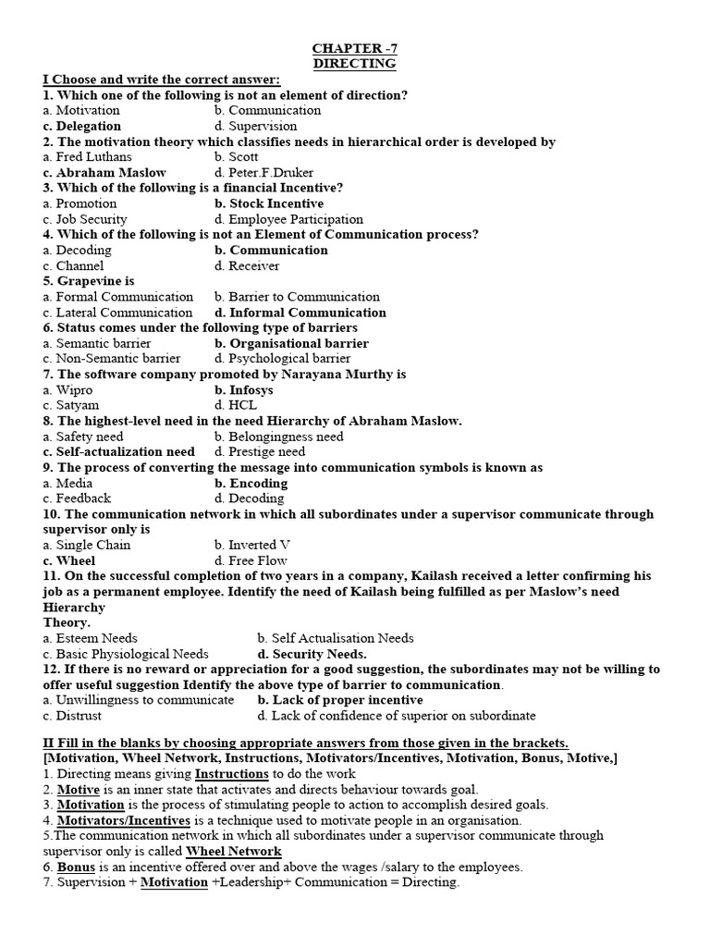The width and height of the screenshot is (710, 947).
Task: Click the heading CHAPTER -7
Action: coord(354,47)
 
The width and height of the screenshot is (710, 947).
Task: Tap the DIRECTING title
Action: coord(354,63)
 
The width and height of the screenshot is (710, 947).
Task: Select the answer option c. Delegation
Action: coord(81,126)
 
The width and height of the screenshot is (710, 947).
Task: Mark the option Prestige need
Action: coord(266,452)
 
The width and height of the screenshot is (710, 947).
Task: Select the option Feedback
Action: coord(83,498)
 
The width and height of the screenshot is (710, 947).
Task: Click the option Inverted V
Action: coord(251,546)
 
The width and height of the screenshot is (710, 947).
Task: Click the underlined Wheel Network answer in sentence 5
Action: coord(234,852)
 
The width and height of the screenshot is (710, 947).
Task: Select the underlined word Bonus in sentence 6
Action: coord(76,867)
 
